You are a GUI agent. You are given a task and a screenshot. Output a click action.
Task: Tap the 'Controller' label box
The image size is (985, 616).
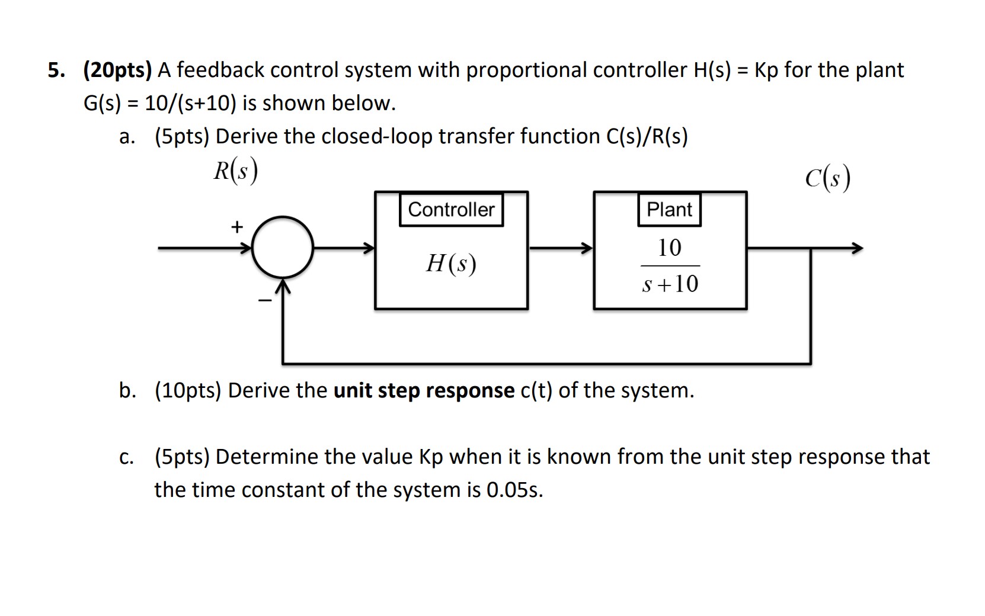451,210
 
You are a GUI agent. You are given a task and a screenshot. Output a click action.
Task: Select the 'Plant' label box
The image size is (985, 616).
669,210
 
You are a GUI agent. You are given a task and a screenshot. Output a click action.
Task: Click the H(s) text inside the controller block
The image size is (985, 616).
451,263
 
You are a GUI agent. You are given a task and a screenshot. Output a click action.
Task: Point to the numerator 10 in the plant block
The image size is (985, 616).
670,248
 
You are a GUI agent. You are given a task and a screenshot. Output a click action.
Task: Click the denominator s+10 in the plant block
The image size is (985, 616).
670,284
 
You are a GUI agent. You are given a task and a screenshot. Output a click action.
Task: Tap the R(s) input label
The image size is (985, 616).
235,171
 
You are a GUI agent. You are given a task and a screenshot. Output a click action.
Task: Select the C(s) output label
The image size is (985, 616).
828,178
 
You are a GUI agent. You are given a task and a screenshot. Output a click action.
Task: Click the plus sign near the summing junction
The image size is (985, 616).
237,227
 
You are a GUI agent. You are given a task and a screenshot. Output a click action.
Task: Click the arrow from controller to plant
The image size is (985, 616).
561,248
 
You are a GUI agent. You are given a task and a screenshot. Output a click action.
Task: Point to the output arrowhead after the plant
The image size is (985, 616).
856,248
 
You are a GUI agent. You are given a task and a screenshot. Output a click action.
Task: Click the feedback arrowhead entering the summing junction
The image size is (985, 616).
283,288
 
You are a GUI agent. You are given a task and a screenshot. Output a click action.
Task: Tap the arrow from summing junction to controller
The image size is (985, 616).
344,248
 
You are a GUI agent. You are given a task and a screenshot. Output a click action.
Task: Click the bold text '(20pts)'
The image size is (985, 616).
117,70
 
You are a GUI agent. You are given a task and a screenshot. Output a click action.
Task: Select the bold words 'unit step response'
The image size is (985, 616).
424,391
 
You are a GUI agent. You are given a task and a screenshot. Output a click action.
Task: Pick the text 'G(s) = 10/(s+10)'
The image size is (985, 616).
159,104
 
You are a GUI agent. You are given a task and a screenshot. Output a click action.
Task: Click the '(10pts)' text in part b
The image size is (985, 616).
188,391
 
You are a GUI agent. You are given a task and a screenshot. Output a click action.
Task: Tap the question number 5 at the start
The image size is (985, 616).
55,70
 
